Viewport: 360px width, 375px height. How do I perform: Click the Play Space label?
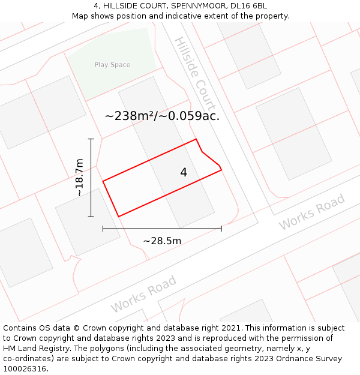click(x=112, y=65)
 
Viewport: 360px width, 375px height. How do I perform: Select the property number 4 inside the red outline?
click(x=184, y=173)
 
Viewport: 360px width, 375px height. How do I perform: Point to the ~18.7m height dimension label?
click(x=79, y=178)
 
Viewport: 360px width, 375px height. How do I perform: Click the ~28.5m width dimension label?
click(x=162, y=241)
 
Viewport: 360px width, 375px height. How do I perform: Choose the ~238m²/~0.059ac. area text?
click(x=162, y=116)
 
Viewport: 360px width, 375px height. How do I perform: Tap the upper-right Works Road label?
click(x=312, y=212)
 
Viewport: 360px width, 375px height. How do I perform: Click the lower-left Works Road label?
click(x=143, y=294)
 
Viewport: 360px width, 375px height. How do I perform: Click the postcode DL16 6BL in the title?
click(x=248, y=6)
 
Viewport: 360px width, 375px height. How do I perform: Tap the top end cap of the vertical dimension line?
click(x=91, y=139)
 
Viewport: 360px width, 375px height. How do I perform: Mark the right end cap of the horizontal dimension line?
click(x=221, y=229)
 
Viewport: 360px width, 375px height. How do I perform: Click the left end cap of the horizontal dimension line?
click(x=103, y=229)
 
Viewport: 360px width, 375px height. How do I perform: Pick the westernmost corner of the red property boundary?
click(x=103, y=181)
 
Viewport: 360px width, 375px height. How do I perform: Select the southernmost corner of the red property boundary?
click(x=118, y=216)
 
